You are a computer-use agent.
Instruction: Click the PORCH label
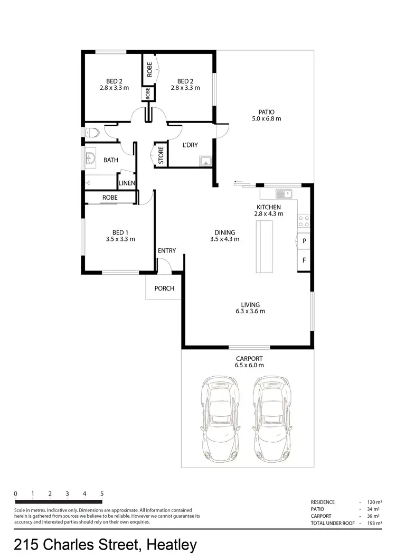pyautogui.click(x=164, y=288)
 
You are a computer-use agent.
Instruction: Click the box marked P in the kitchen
pyautogui.click(x=304, y=241)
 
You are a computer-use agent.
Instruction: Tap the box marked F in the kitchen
pyautogui.click(x=304, y=260)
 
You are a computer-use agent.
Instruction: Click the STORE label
pyautogui.click(x=161, y=155)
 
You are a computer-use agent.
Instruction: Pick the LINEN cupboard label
pyautogui.click(x=127, y=183)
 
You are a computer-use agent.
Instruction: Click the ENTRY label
pyautogui.click(x=167, y=250)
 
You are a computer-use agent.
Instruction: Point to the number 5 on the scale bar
pyautogui.click(x=101, y=493)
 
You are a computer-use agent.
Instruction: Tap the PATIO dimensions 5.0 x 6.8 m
pyautogui.click(x=266, y=119)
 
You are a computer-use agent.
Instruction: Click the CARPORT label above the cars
pyautogui.click(x=249, y=358)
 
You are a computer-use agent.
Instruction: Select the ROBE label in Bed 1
pyautogui.click(x=110, y=197)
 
